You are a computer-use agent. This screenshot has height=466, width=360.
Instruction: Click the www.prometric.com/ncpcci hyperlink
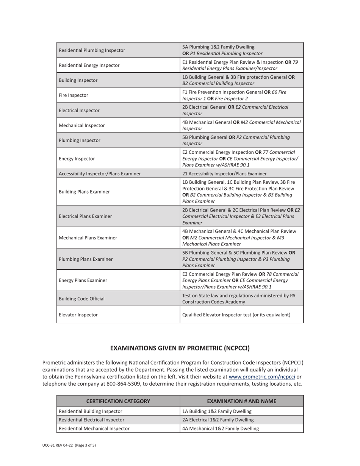[x=262, y=377]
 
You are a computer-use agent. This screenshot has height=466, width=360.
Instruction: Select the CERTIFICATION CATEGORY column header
[x=118, y=401]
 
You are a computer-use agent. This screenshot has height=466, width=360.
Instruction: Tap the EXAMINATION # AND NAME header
[x=241, y=401]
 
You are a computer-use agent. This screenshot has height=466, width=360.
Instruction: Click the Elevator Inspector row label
[x=78, y=315]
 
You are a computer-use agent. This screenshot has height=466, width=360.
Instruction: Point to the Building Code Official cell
[x=81, y=299]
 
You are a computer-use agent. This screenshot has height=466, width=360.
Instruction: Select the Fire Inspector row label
[x=74, y=95]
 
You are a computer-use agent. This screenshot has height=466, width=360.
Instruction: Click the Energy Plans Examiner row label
[x=83, y=280]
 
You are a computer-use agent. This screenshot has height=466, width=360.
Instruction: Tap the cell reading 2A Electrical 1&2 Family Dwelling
[x=218, y=420]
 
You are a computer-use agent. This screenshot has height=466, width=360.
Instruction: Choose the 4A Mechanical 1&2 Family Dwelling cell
[x=221, y=428]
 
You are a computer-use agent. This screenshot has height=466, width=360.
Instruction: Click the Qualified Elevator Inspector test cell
[x=236, y=315]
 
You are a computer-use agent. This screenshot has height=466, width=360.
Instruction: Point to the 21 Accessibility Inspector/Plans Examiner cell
[x=224, y=174]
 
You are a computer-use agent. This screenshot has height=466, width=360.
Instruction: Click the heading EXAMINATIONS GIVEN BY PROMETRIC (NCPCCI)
[x=180, y=348]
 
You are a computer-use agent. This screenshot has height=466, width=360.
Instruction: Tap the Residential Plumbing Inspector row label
[x=92, y=50]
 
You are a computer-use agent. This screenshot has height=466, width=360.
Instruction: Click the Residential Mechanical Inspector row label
[x=94, y=428]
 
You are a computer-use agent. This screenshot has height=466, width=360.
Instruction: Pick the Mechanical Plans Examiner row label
[x=88, y=238]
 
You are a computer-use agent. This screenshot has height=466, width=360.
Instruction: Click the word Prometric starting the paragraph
[x=55, y=363]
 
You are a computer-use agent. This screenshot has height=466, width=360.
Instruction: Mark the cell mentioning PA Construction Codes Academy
[x=239, y=299]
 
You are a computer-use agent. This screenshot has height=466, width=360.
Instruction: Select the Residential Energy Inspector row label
[x=89, y=65]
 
